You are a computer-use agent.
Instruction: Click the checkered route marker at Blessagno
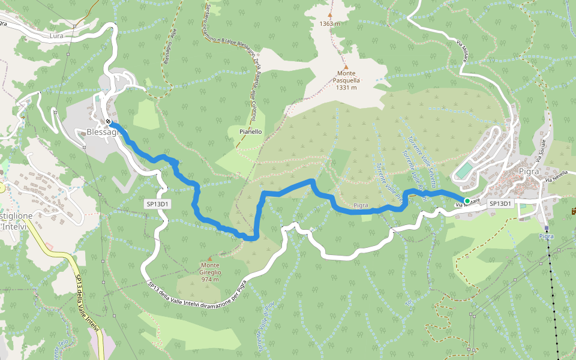click(107, 121)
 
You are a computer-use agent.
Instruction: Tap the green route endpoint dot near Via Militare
click(467, 200)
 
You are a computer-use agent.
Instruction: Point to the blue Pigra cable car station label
click(546, 236)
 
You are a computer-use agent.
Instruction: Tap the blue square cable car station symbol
click(546, 228)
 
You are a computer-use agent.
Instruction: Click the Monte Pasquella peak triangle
click(346, 67)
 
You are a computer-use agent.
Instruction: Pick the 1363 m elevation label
click(330, 23)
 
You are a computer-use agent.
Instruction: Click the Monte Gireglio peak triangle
click(209, 258)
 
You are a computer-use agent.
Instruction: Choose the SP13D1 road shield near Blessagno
click(158, 204)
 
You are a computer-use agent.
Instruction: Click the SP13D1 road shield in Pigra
click(500, 203)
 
